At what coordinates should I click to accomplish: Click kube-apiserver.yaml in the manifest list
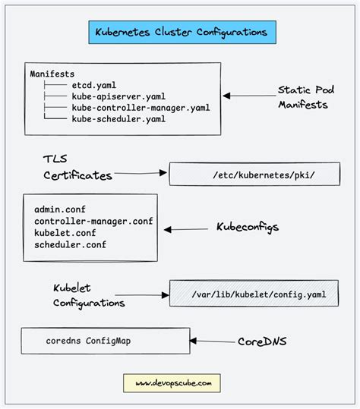[x=119, y=97]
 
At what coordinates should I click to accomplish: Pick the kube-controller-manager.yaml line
[x=141, y=108]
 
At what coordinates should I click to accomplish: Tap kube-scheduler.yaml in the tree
[x=119, y=118]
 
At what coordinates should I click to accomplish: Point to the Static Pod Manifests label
[x=303, y=97]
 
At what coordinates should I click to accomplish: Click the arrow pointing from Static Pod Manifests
[x=247, y=96]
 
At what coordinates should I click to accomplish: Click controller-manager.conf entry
[x=92, y=221]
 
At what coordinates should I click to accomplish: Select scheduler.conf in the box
[x=70, y=244]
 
